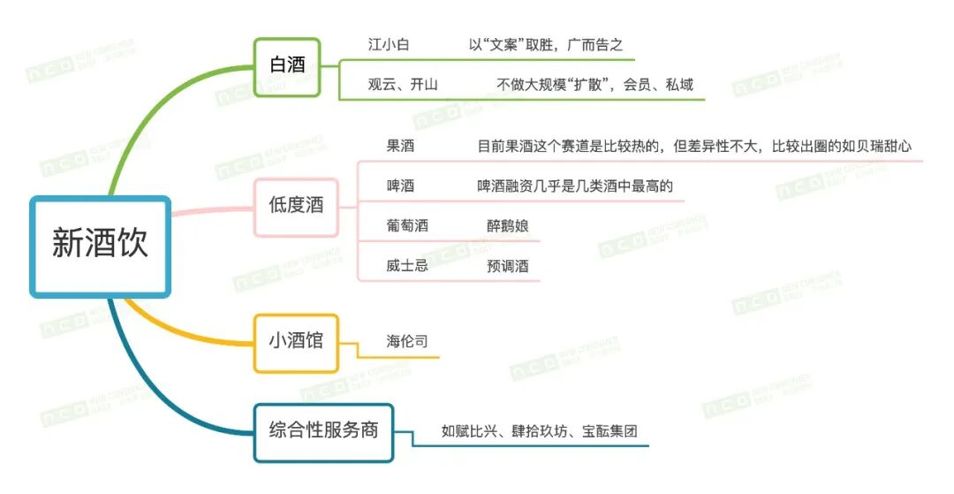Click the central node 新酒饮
click(x=100, y=246)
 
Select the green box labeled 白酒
click(x=285, y=65)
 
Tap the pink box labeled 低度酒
click(x=297, y=206)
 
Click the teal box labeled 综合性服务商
click(x=323, y=431)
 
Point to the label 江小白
click(x=389, y=44)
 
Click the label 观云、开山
click(x=403, y=85)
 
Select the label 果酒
click(x=400, y=147)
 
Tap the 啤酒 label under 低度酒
click(x=400, y=186)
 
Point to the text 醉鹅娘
click(x=508, y=225)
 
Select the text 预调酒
click(x=508, y=265)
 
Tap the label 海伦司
click(x=407, y=341)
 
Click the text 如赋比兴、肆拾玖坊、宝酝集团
click(x=539, y=432)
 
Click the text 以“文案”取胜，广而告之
click(x=546, y=44)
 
